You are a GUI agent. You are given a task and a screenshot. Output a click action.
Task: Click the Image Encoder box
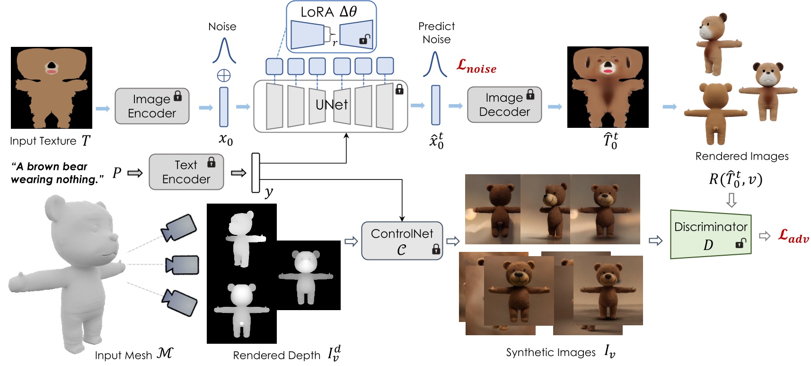[x=151, y=106]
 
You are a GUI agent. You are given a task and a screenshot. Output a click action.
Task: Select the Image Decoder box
[x=504, y=105]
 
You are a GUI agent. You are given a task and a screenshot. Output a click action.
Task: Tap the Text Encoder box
[x=186, y=172]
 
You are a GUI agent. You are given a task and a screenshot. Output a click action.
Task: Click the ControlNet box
[x=402, y=241]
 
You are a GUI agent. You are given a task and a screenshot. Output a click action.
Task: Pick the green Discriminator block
[x=710, y=234]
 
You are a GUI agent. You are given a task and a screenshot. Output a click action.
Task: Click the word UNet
[x=332, y=105]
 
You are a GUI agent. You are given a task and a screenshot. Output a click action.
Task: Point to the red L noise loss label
[x=476, y=66]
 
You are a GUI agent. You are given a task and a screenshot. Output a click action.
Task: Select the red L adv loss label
[x=793, y=236]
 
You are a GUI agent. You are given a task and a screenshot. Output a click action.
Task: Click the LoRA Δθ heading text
[x=328, y=11]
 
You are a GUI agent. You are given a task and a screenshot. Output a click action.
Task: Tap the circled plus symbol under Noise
[x=223, y=75]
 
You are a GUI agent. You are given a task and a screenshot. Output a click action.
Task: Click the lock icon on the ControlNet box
[x=436, y=250]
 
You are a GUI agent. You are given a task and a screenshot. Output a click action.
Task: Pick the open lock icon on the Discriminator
[x=740, y=244]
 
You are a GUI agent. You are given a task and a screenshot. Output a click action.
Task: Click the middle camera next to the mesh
[x=182, y=265]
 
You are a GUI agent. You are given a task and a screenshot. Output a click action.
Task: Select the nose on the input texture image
[x=51, y=66]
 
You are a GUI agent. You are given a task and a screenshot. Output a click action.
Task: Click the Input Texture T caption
[x=50, y=141]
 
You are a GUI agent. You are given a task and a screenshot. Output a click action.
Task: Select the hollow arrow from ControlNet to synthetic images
[x=453, y=241]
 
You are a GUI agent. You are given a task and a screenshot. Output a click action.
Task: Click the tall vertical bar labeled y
[x=256, y=172]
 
